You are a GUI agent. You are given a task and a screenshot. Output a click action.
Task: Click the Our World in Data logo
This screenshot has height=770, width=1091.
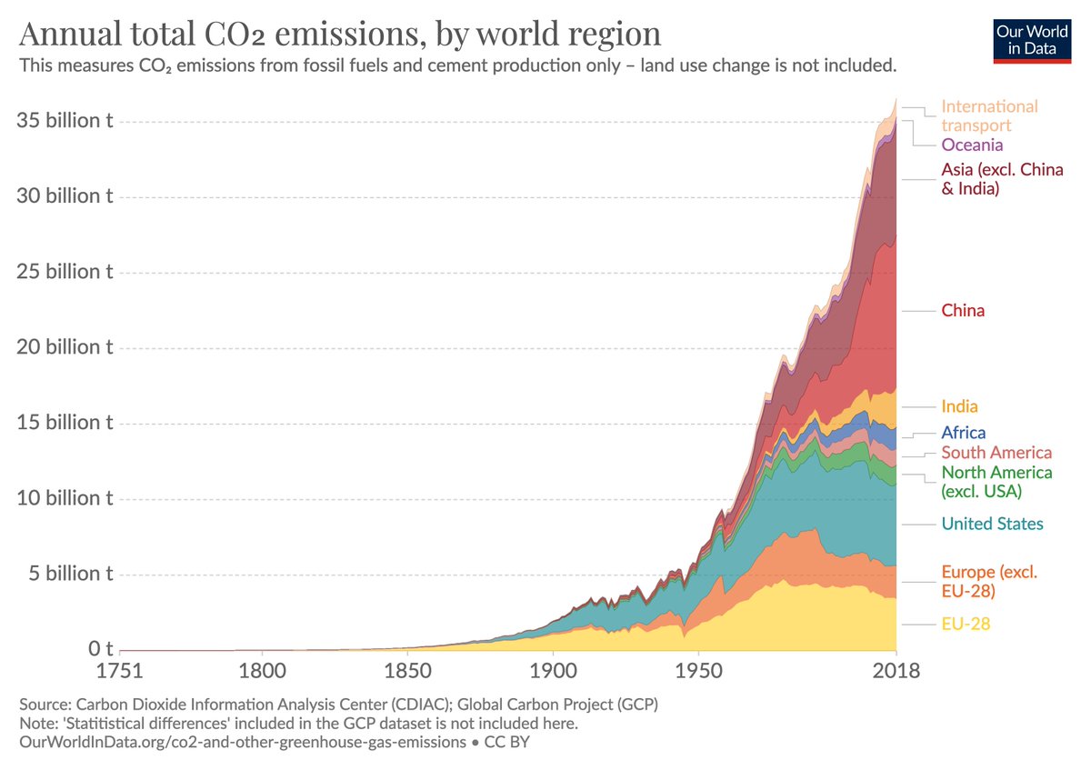tap(1032, 39)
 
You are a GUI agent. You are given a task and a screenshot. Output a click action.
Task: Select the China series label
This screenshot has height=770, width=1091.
tap(963, 311)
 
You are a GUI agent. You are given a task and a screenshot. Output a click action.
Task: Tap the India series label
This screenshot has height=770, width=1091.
tap(959, 406)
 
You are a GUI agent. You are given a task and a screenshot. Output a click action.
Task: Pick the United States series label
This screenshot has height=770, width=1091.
tap(992, 524)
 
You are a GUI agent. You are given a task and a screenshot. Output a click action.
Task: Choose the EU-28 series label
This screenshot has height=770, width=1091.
tap(966, 624)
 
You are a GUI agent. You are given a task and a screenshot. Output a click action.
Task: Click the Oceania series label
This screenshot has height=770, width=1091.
tap(972, 145)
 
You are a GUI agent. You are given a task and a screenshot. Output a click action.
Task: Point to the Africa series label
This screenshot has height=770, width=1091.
tap(963, 433)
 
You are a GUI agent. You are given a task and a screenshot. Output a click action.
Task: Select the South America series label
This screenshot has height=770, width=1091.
tap(996, 453)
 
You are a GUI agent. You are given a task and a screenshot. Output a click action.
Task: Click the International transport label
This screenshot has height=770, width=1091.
tap(988, 115)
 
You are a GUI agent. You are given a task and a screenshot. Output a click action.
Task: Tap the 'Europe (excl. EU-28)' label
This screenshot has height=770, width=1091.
tap(988, 581)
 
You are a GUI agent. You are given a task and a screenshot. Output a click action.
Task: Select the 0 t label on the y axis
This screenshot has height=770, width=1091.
tap(100, 650)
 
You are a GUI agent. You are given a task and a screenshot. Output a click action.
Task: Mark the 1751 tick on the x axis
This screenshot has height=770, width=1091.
tap(120, 673)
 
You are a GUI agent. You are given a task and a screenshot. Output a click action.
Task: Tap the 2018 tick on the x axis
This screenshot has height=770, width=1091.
tap(896, 673)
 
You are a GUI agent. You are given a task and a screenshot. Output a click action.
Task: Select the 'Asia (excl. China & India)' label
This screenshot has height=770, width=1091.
tap(1002, 179)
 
